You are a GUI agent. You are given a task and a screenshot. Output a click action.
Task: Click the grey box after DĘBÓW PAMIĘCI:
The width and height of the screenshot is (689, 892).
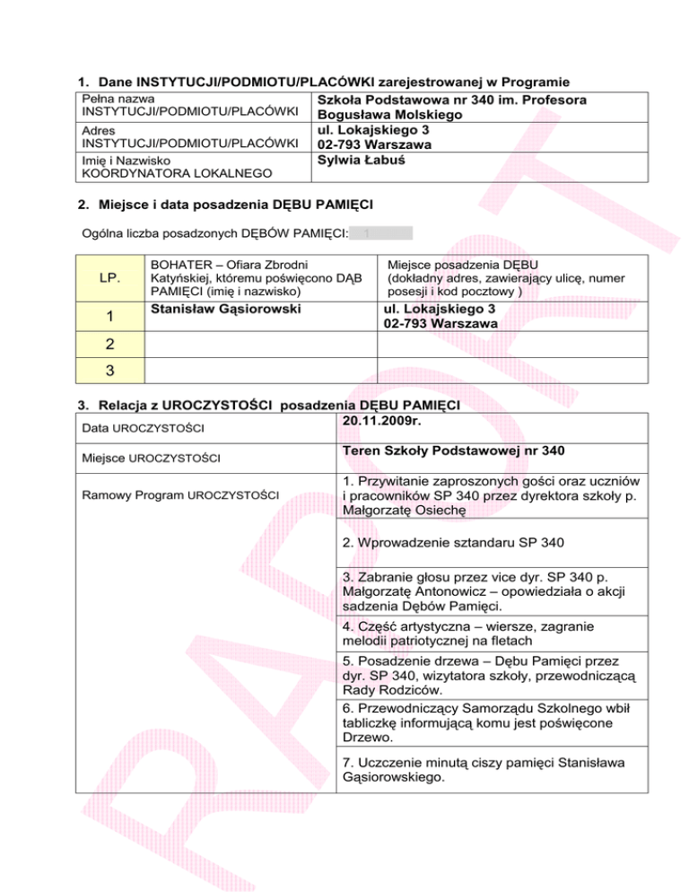[x=380, y=233]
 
